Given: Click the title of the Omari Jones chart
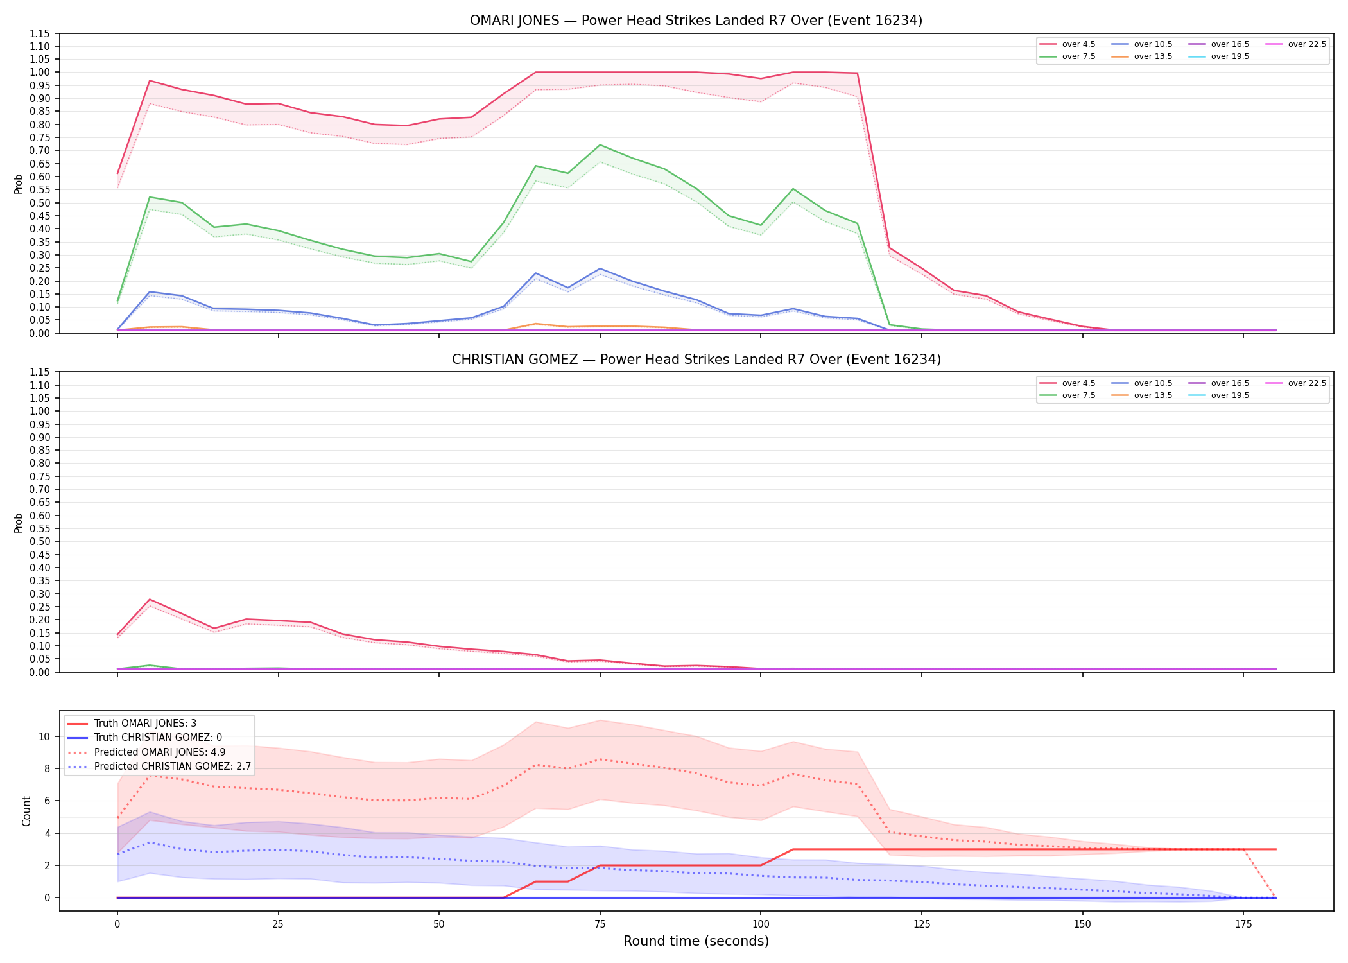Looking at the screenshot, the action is pos(696,21).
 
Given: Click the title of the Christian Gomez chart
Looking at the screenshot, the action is pos(696,360).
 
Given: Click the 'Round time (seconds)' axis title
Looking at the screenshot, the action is pos(696,941).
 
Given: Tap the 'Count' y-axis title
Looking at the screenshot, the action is pos(26,811).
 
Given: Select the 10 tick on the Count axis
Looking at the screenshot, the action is pos(44,736).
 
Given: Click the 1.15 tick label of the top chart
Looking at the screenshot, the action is pos(40,33).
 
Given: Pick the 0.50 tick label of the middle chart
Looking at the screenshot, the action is pos(40,541).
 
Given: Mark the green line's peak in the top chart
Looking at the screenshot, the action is pos(600,145).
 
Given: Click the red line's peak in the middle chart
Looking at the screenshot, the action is pos(150,599).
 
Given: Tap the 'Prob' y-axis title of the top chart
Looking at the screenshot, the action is pos(19,184).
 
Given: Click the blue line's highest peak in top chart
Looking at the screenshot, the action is pos(600,268).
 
